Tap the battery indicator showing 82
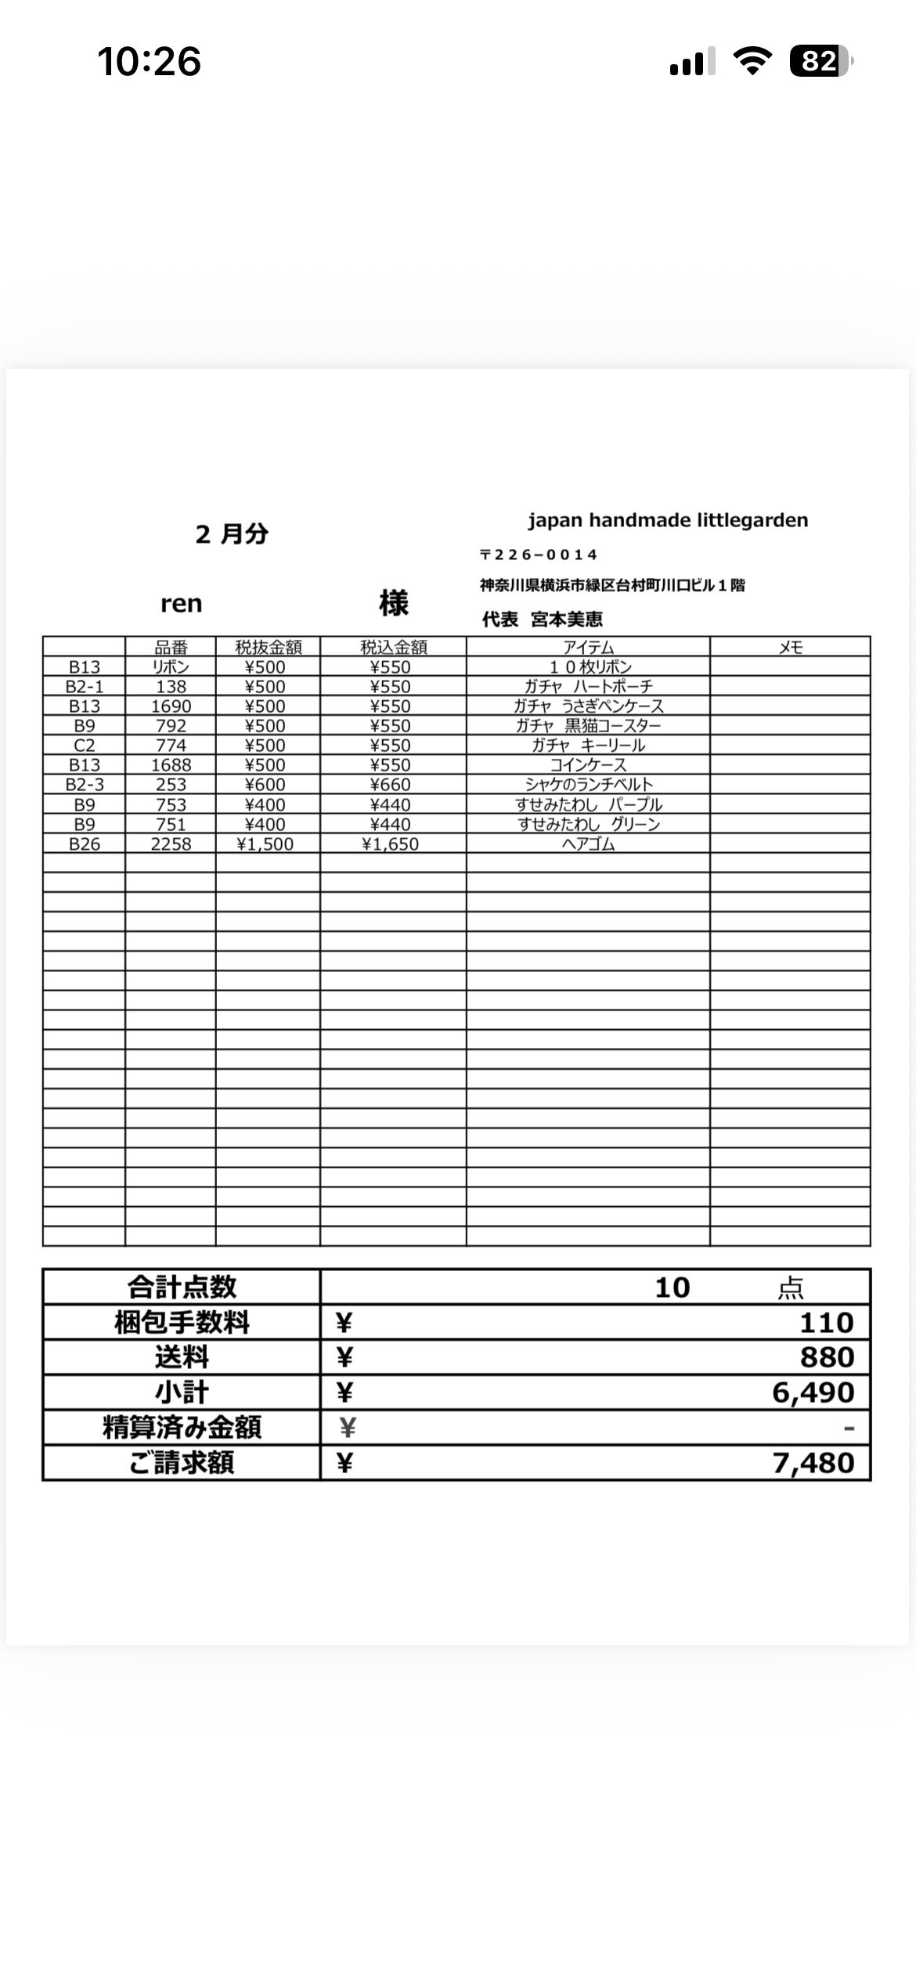point(820,61)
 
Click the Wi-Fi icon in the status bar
point(752,61)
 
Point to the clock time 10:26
point(149,61)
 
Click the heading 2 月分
point(232,534)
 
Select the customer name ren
point(181,604)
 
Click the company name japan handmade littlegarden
point(668,520)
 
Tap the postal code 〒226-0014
point(539,554)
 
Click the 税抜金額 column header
point(268,647)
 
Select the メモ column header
point(790,647)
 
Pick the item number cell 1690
point(171,706)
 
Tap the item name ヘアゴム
point(588,844)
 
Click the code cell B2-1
point(84,687)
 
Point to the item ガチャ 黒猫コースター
point(588,726)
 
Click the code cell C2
point(84,746)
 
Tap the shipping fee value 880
point(826,1357)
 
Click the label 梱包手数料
point(182,1323)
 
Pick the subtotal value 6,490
point(813,1392)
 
